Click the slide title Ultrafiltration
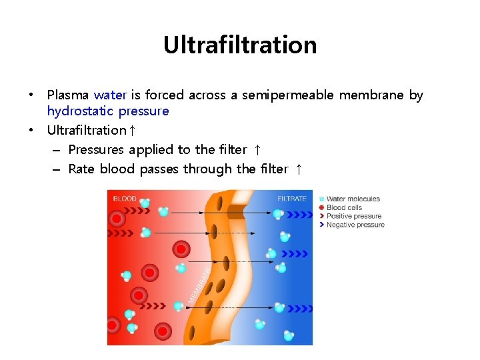point(240,45)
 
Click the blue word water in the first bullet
point(109,95)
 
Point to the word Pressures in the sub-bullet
point(96,150)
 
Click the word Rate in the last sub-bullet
point(81,169)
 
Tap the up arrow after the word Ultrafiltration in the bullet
point(133,131)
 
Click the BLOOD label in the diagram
point(125,198)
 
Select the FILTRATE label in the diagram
point(292,198)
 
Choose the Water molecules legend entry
point(353,199)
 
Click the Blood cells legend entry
point(344,207)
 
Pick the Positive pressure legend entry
point(354,216)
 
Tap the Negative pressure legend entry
point(355,225)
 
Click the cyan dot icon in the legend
point(322,199)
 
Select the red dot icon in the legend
point(322,207)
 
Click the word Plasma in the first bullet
point(69,95)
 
